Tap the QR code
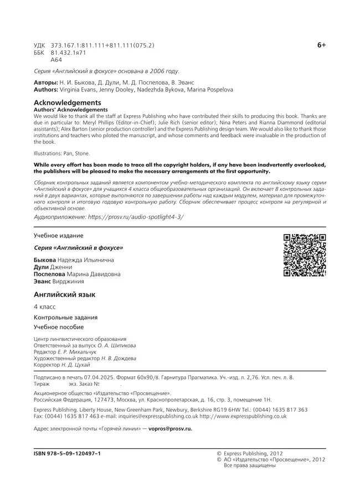point(304,255)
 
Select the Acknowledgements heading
point(67,102)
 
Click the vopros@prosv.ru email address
point(172,428)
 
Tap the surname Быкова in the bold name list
point(45,260)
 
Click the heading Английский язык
point(65,294)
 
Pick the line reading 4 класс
point(45,307)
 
